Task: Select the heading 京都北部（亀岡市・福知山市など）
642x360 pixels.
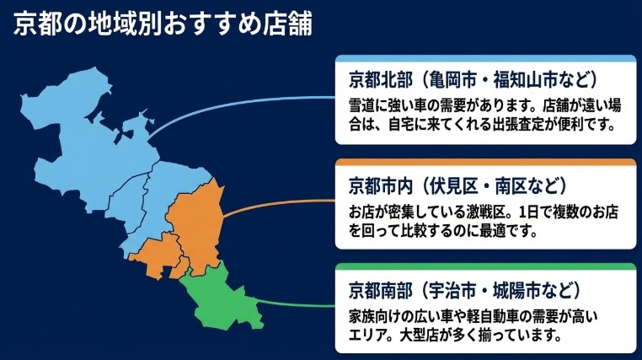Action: (x=473, y=80)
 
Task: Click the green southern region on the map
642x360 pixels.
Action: (x=222, y=295)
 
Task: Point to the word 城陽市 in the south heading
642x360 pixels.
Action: (x=513, y=291)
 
